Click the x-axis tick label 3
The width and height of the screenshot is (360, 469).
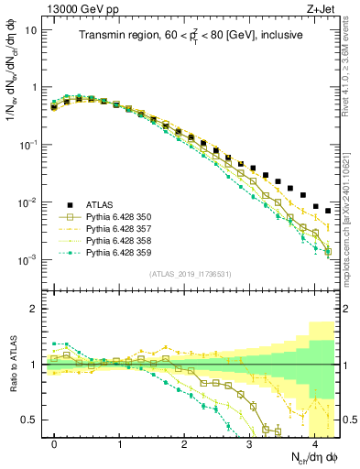[250, 443]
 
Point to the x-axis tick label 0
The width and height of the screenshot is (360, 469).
[55, 443]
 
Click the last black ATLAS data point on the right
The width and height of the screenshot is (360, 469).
[328, 211]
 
